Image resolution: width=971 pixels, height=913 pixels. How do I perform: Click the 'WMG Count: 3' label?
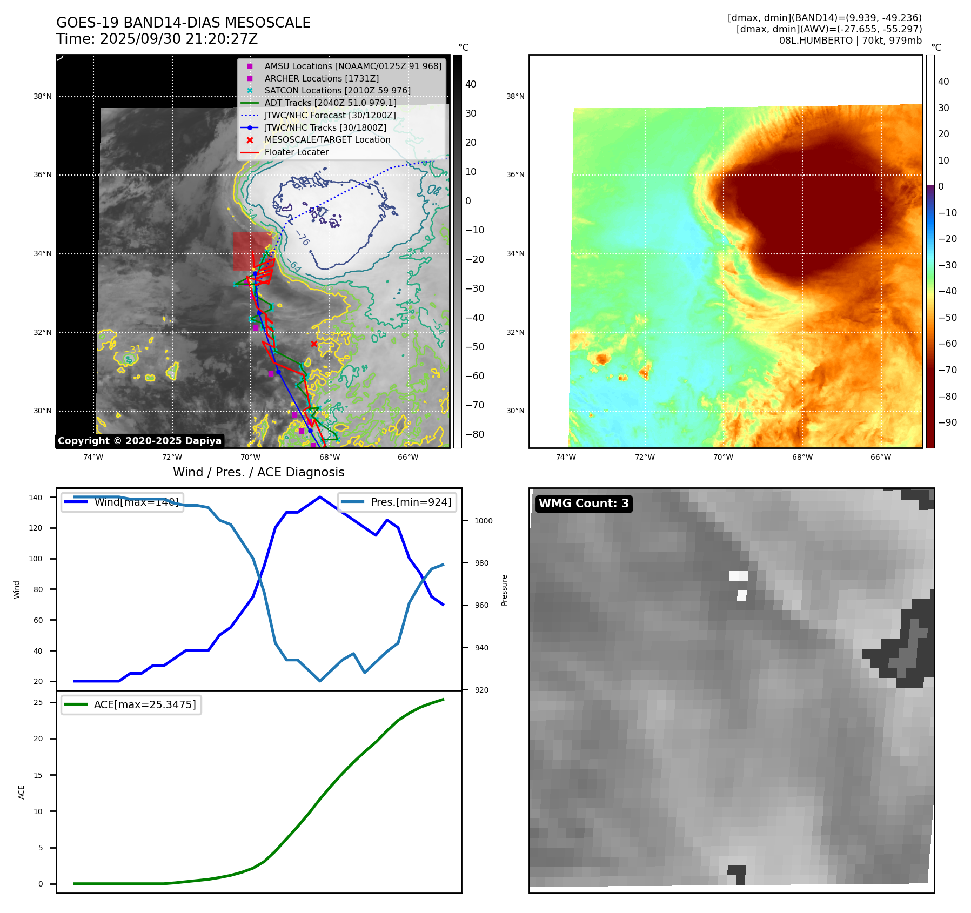click(x=584, y=504)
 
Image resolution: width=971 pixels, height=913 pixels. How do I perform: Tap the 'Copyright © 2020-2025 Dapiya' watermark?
click(x=139, y=441)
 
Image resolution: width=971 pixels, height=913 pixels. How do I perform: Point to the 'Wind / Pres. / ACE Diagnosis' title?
click(x=258, y=472)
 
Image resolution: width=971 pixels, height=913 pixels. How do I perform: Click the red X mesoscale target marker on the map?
click(x=314, y=344)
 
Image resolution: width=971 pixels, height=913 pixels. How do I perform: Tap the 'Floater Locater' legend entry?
click(x=296, y=152)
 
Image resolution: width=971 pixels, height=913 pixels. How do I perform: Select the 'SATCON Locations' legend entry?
click(x=337, y=90)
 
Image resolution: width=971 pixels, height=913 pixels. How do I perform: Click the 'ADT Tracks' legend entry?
click(x=330, y=103)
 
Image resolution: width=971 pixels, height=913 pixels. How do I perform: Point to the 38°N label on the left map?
click(x=43, y=97)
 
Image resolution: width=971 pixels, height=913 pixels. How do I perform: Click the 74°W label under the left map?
click(x=93, y=457)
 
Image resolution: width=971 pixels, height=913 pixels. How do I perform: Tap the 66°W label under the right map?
click(x=880, y=457)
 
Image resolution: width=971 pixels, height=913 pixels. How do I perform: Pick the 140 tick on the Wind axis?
click(x=36, y=498)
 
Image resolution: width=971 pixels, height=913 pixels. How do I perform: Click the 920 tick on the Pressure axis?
click(x=481, y=690)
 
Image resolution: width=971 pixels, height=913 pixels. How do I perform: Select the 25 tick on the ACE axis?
click(x=38, y=702)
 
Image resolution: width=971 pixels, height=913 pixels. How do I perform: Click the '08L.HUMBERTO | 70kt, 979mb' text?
click(x=850, y=41)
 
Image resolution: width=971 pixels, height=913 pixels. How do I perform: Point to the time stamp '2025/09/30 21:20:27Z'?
click(x=179, y=39)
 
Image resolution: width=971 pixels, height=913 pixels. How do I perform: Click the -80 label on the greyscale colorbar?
click(x=474, y=434)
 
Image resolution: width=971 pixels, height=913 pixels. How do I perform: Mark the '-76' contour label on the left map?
click(x=303, y=238)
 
